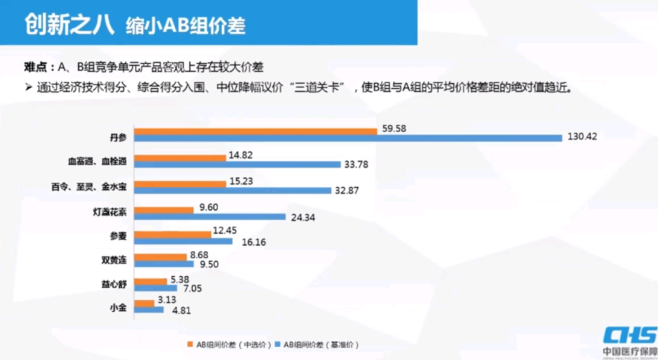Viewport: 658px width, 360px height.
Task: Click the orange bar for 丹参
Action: coord(256,131)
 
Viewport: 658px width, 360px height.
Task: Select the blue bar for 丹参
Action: coord(348,138)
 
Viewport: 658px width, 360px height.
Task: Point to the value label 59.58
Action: coord(395,129)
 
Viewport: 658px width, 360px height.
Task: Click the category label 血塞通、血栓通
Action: coord(97,161)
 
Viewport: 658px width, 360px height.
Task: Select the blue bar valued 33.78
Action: coord(238,165)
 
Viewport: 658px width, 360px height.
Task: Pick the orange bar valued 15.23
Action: coord(181,183)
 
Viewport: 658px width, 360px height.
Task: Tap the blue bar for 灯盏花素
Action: coord(210,217)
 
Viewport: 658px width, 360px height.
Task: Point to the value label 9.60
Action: coord(208,207)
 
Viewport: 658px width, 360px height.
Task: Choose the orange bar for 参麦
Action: coord(171,233)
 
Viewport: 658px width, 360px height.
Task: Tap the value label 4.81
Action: coord(180,311)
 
